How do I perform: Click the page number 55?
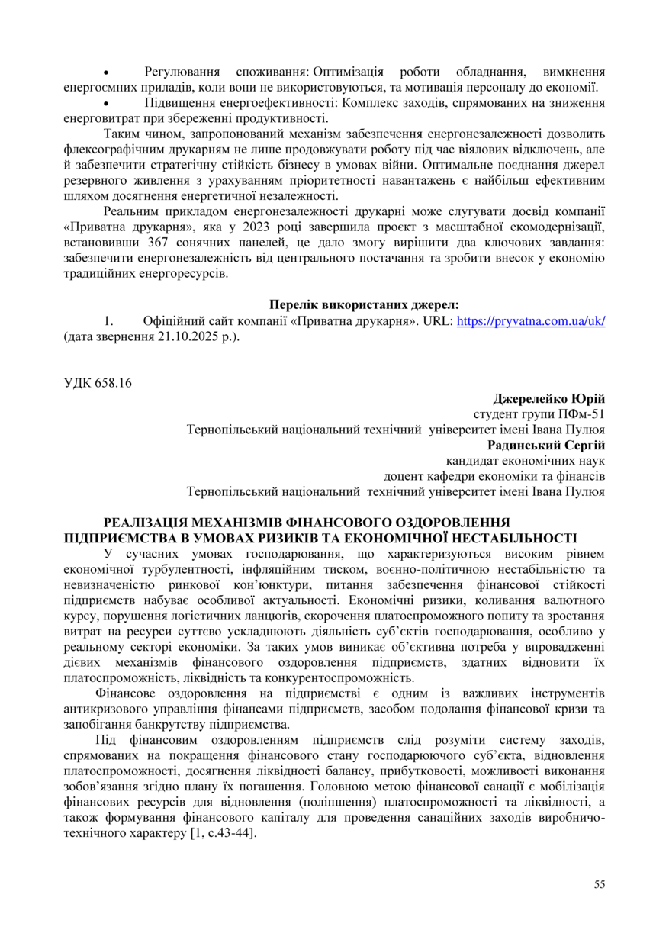(599, 884)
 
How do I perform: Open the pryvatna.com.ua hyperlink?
(530, 321)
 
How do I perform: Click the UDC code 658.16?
(98, 383)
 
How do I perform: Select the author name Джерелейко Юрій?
(549, 399)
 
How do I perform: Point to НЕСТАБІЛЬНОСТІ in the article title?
(519, 538)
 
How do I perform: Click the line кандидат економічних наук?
(525, 461)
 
